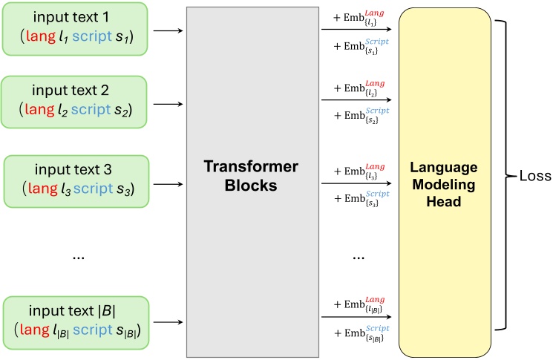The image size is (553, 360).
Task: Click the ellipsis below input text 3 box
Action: [79, 257]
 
